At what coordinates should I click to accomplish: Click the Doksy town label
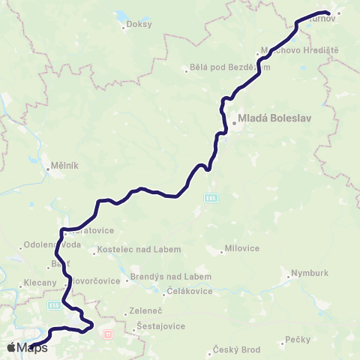click(140, 24)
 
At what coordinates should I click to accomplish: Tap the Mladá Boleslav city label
click(271, 118)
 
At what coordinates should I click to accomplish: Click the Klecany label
click(40, 283)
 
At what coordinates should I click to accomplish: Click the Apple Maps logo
click(27, 347)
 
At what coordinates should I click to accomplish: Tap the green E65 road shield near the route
click(211, 197)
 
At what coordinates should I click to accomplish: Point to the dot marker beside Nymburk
click(289, 277)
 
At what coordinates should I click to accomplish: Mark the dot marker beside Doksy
click(124, 28)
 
